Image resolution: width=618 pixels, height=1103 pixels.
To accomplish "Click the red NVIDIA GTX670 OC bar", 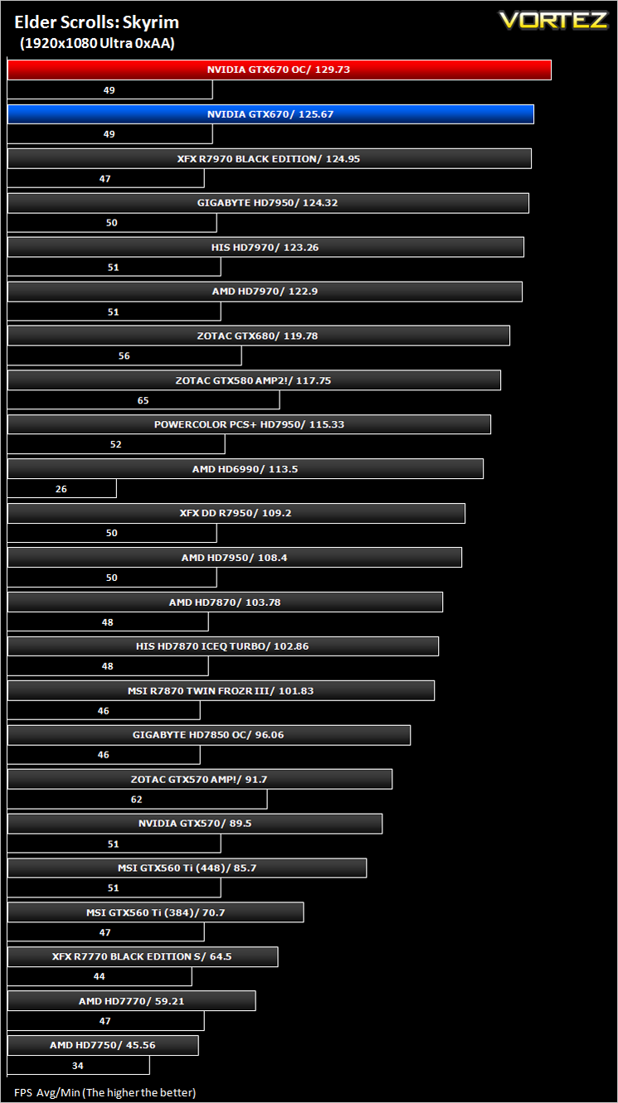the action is (280, 70).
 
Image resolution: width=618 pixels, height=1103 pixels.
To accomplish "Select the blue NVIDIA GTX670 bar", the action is (270, 114).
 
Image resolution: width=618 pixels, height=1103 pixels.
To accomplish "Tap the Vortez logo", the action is (553, 20).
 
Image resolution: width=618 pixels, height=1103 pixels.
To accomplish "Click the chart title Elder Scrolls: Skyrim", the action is (96, 22).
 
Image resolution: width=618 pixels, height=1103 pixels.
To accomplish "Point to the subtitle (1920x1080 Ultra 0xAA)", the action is (97, 43).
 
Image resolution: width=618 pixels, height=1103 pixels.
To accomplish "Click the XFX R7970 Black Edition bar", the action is (270, 158).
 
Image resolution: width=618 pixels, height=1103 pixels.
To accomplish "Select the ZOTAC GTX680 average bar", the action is (259, 336).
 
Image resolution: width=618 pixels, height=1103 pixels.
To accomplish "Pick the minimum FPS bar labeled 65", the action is (144, 399).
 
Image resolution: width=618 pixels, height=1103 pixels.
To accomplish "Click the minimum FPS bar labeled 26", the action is (62, 488).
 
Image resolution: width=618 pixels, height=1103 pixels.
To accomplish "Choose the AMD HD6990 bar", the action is (246, 469).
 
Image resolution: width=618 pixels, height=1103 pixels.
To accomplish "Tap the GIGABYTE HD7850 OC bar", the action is (209, 735).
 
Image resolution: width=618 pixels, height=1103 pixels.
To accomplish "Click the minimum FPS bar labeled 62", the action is (138, 799).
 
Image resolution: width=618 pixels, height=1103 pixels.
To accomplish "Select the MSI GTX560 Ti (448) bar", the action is (187, 868).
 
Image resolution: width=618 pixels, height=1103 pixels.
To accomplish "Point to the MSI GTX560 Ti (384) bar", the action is (156, 912).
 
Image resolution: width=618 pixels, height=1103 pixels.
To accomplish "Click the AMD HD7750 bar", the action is (103, 1045).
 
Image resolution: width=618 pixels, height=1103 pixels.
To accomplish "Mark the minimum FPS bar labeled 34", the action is (78, 1065).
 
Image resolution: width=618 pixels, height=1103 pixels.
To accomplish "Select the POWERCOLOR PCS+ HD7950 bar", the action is (250, 424).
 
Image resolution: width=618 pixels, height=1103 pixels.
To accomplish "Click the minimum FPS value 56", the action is (124, 356).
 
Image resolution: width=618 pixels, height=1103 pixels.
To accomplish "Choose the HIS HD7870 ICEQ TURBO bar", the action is (223, 646).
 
